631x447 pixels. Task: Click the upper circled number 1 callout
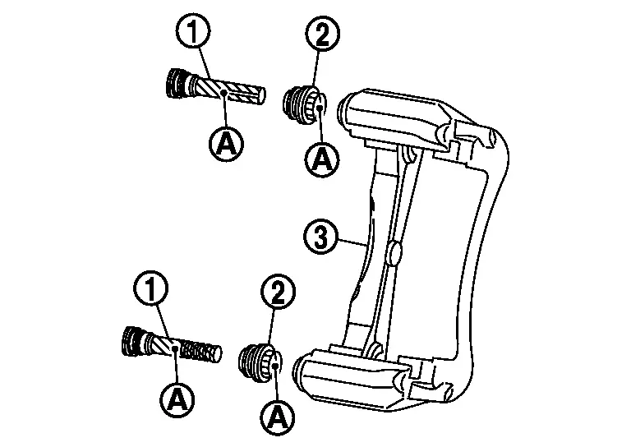tap(194, 32)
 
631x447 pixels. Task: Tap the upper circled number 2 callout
tap(323, 35)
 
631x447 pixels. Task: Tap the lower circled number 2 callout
tap(278, 292)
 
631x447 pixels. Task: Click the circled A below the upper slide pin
tap(226, 144)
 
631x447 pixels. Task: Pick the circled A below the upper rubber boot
tap(321, 159)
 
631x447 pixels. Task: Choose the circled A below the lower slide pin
tap(177, 399)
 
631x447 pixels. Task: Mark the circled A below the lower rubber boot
tap(278, 417)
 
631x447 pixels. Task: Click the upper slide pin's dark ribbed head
tap(177, 83)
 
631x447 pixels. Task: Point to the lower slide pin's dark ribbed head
tap(132, 341)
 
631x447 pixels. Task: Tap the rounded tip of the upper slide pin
tap(261, 96)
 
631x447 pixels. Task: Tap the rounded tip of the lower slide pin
tap(217, 353)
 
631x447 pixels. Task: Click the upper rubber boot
tap(304, 104)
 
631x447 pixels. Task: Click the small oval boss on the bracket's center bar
tap(394, 253)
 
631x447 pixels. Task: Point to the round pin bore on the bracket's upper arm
tap(346, 108)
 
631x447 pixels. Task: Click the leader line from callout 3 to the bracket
tap(353, 242)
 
